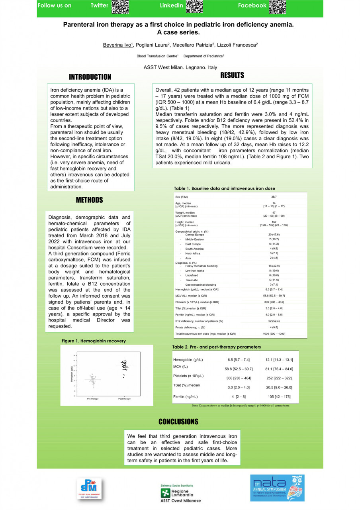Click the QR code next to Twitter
120,7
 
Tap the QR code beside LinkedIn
194,7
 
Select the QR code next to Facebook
278,7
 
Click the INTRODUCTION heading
90,77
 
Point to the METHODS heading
89,200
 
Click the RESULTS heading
232,75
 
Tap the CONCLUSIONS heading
178,422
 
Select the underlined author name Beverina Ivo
117,45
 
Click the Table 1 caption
225,188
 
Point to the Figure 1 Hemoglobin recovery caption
94,341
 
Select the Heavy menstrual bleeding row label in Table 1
201,266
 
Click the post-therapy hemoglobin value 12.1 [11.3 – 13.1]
279,360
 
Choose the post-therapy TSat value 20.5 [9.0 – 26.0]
279,387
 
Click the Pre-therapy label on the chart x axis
93,399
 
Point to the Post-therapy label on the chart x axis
124,399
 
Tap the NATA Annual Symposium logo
277,488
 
